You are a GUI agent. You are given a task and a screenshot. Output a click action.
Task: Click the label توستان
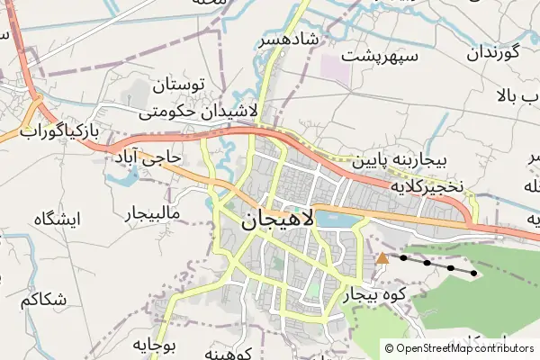(x=180, y=87)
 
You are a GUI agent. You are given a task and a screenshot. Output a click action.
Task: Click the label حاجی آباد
(x=148, y=158)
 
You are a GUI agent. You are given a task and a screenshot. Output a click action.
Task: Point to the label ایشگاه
(x=57, y=218)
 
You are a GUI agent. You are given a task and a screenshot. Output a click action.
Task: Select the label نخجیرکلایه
(x=426, y=186)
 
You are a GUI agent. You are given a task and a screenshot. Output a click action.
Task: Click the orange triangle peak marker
(x=382, y=258)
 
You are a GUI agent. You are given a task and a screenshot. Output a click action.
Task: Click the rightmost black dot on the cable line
(x=474, y=273)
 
